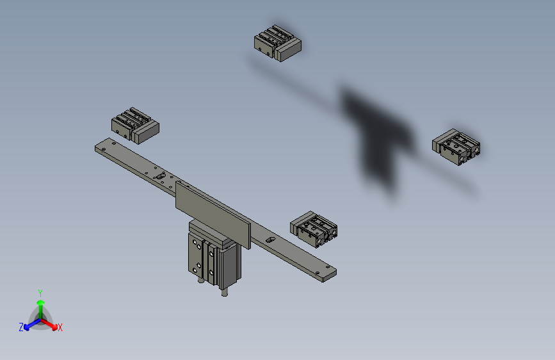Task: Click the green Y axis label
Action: point(40,291)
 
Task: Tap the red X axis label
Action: point(60,327)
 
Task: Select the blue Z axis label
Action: point(21,327)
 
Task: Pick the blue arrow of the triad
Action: point(29,324)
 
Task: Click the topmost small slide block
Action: point(277,42)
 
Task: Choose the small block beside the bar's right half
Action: point(313,228)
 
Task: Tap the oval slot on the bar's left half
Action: point(161,175)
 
